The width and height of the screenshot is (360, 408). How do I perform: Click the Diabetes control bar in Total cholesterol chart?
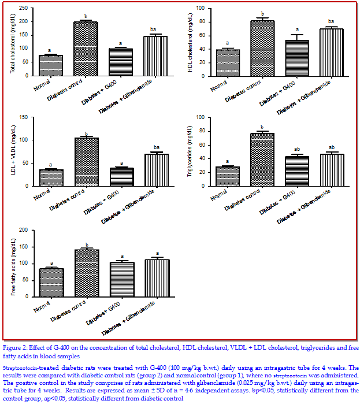(86, 49)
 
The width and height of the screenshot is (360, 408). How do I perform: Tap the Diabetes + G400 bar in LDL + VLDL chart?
(121, 177)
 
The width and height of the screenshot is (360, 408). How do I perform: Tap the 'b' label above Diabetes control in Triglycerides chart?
(262, 127)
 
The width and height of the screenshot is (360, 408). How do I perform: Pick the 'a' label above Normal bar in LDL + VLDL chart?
(50, 165)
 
